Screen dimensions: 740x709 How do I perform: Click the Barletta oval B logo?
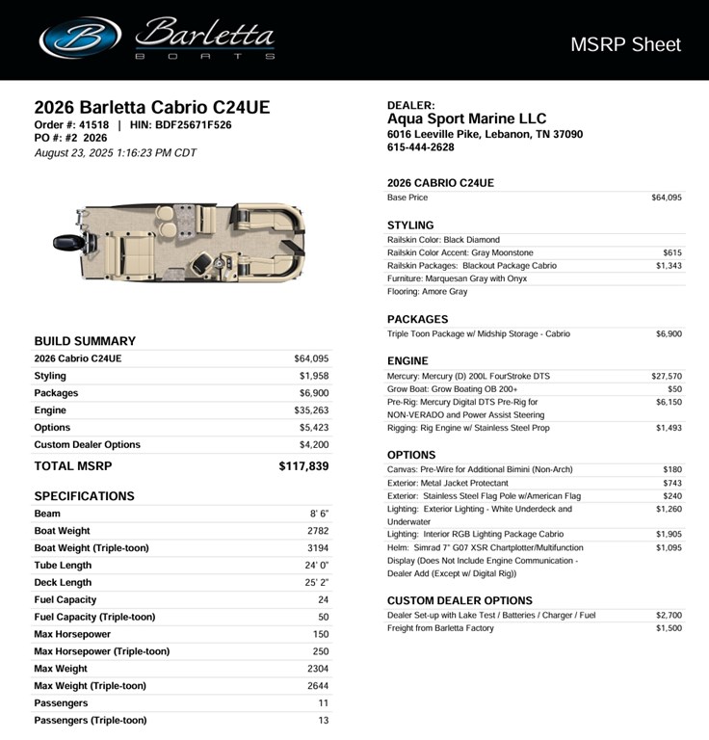[x=80, y=38]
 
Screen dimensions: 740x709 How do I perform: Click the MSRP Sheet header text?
[x=625, y=44]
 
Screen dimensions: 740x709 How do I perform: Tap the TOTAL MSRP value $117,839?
[x=303, y=466]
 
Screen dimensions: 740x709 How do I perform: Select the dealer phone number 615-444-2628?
[x=421, y=147]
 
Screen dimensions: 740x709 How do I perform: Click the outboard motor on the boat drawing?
[x=66, y=242]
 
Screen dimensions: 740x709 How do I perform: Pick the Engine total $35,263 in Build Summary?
[x=311, y=410]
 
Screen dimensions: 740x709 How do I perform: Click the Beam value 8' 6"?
[x=319, y=514]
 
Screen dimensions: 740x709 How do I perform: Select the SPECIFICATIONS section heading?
[x=84, y=496]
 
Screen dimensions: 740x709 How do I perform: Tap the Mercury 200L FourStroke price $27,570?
[x=667, y=377]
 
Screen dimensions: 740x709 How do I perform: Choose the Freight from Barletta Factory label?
[x=440, y=628]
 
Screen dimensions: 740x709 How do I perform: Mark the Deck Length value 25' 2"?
[x=317, y=583]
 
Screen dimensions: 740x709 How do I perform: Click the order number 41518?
[x=93, y=124]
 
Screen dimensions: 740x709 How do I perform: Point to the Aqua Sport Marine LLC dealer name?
[x=466, y=119]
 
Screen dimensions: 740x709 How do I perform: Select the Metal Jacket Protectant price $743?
[x=671, y=483]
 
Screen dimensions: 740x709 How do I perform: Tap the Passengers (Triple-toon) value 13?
[x=323, y=721]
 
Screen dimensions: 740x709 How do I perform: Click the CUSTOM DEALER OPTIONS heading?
[x=460, y=600]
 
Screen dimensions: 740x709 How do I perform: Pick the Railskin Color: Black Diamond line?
[x=443, y=240]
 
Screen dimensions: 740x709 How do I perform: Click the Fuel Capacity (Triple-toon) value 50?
[x=323, y=618]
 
